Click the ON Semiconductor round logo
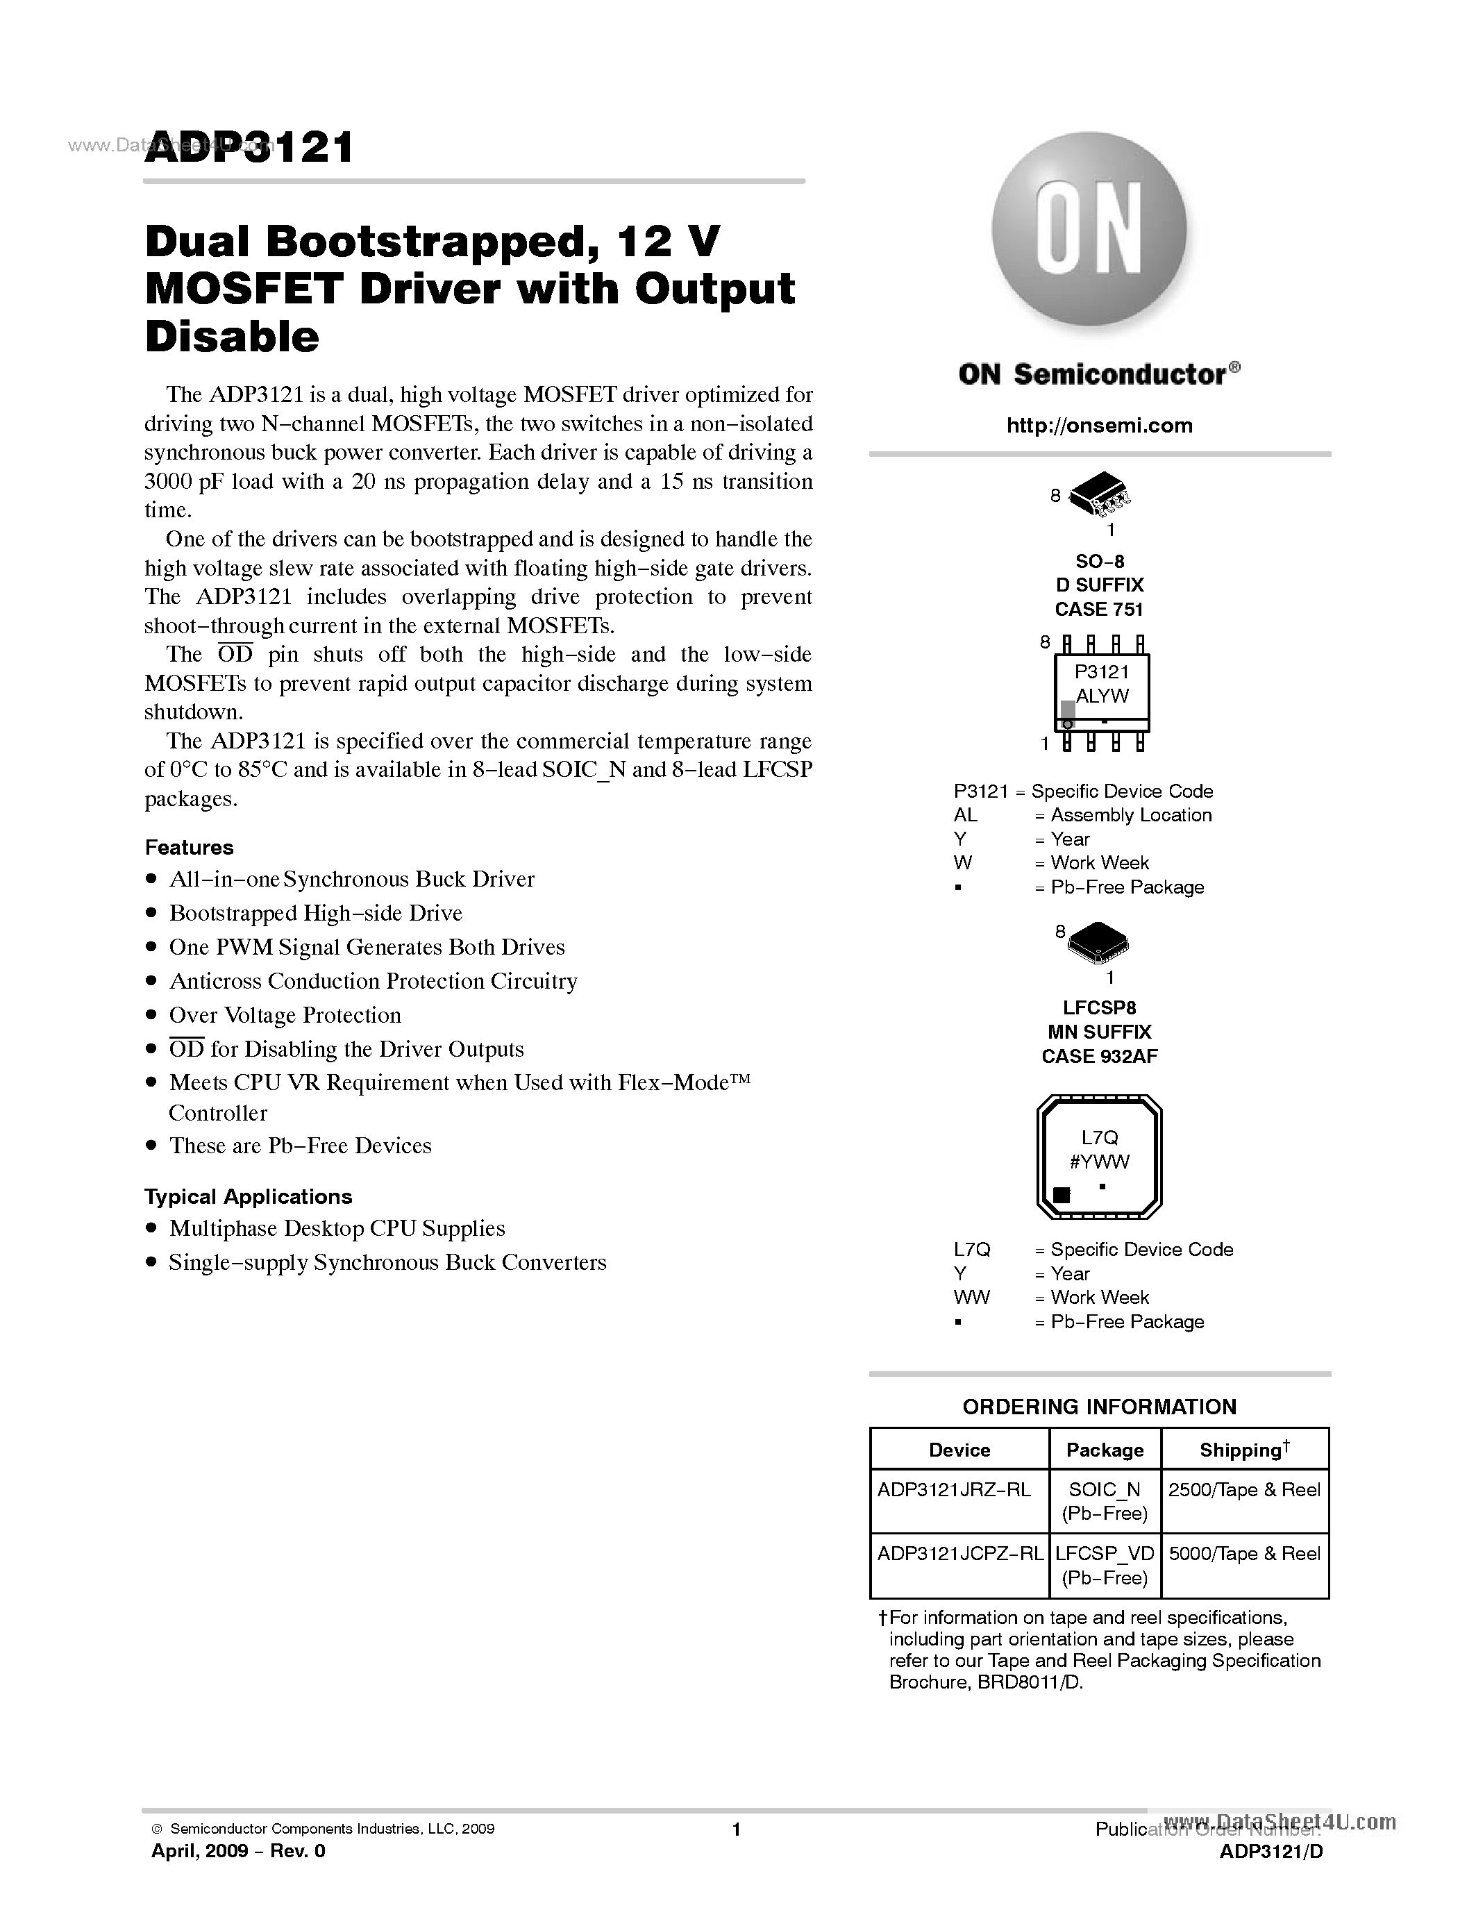pos(1089,230)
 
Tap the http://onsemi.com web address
pos(1099,426)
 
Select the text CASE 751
pos(1099,610)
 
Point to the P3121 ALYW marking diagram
pos(1102,694)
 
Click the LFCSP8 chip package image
pos(1098,944)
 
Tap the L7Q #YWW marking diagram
pos(1099,1156)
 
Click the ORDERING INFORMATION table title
pos(1099,1406)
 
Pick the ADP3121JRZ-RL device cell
pos(954,1489)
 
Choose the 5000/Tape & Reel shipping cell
pos(1244,1553)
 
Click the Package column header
pos(1105,1450)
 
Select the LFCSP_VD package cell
pos(1105,1554)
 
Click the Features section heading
pos(189,848)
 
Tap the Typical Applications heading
pos(249,1196)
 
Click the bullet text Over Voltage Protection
pos(285,1015)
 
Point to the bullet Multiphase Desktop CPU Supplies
pos(337,1229)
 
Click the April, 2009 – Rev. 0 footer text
pos(239,1852)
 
